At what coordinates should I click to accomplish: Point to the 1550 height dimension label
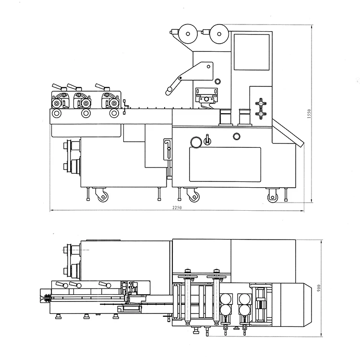[310, 114]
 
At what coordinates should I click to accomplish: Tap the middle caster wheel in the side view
[194, 196]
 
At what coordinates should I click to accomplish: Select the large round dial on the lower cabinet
[196, 142]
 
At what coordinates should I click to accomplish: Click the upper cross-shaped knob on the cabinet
[262, 102]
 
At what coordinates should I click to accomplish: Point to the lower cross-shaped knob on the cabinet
[262, 115]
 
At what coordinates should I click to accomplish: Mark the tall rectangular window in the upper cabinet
[251, 52]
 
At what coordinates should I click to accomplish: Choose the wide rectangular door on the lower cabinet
[225, 164]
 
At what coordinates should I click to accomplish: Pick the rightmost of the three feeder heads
[110, 102]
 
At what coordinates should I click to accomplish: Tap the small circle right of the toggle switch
[237, 136]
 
